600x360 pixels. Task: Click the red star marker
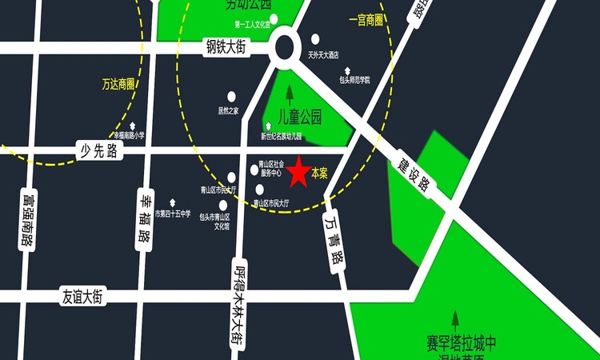click(x=298, y=172)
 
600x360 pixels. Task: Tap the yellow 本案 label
click(x=319, y=173)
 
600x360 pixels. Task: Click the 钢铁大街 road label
click(x=225, y=49)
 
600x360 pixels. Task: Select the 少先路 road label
click(x=98, y=150)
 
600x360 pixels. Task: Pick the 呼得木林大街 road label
click(x=238, y=302)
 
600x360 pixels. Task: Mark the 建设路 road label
click(x=414, y=174)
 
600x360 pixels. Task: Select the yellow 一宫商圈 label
click(x=365, y=19)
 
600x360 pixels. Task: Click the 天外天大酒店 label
click(x=324, y=55)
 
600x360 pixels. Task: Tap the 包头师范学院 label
click(x=354, y=79)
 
